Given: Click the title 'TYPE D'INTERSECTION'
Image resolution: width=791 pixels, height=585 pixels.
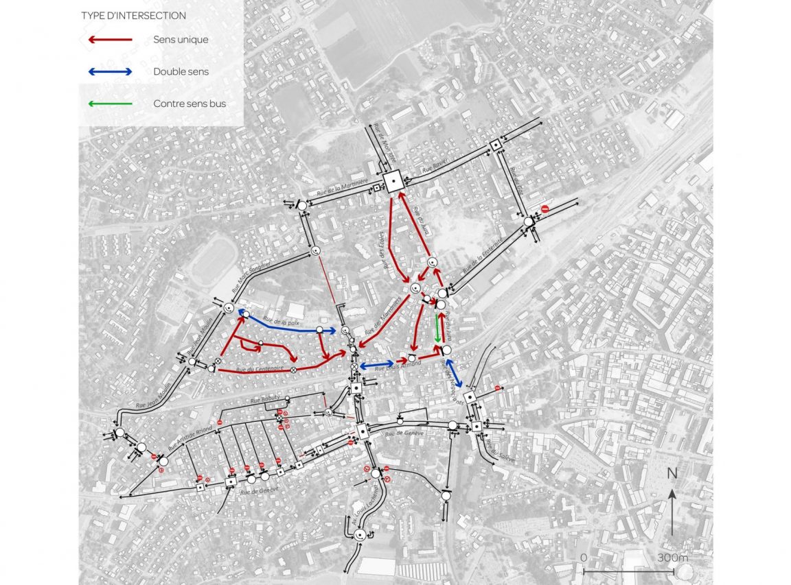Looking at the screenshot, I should coord(133,15).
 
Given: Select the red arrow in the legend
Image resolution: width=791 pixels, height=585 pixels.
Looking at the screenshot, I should coord(110,40).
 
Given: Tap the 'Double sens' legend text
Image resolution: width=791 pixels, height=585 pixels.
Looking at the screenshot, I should coord(181,71).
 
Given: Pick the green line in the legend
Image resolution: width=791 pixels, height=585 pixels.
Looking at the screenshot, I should coord(110,104).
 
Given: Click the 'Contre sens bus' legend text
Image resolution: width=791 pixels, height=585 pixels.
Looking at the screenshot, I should coord(190,104).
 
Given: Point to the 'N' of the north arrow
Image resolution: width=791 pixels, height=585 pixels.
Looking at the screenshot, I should coord(672,473).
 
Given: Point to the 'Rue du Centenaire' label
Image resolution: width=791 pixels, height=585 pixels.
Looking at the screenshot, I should coord(260,370).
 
